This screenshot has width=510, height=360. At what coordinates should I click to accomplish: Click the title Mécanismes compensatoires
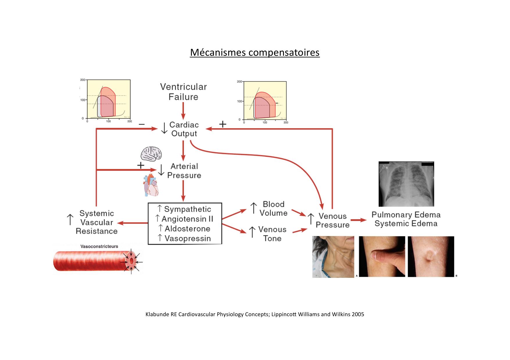255,53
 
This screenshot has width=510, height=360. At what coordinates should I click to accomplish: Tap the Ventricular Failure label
183,92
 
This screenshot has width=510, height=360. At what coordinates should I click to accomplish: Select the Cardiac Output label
184,129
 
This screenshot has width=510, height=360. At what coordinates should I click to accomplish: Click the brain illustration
151,154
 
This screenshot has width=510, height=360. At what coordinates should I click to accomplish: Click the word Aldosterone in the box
187,229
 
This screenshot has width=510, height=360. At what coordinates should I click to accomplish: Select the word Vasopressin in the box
188,238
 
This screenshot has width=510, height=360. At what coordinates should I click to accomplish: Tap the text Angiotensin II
187,219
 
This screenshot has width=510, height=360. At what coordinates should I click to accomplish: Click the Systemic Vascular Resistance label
97,222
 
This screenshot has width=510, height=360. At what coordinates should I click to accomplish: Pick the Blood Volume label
273,209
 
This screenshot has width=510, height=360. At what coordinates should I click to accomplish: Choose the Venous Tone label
272,234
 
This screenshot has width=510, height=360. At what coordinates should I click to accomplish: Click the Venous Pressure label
332,221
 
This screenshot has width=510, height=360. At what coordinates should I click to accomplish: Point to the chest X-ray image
406,184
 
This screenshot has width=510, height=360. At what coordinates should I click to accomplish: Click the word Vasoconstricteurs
99,246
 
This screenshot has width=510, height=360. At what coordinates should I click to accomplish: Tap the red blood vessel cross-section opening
132,261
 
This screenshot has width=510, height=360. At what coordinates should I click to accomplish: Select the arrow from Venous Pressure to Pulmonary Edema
359,220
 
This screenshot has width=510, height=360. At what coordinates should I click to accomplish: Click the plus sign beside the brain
141,165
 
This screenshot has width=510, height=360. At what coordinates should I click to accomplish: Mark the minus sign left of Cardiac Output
142,125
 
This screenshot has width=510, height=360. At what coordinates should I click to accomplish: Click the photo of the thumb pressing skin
382,257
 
